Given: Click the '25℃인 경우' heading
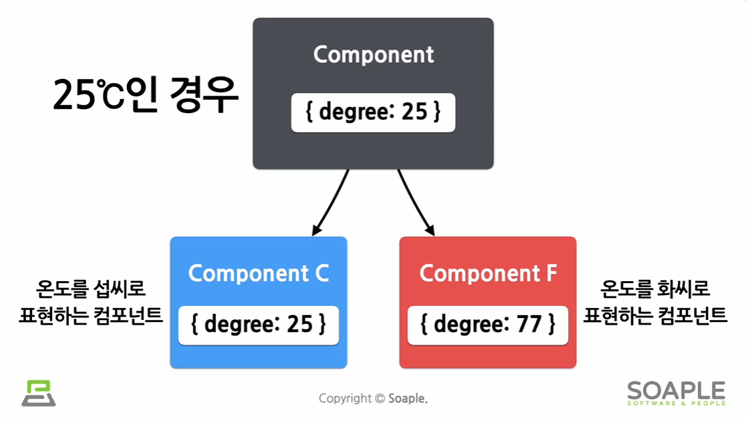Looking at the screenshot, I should pos(146,95).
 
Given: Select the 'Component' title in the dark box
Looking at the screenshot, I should pos(374,54).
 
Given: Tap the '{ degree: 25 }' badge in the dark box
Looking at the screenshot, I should pos(373,112).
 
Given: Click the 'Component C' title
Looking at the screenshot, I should pos(258,273).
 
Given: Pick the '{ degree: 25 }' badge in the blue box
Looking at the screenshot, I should pos(258,325).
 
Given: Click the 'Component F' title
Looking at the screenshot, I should pos(487,273).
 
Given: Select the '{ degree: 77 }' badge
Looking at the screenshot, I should pos(487,325).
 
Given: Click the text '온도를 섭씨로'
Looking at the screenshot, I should pos(91,290).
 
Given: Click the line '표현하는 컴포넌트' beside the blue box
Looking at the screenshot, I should pos(91,315).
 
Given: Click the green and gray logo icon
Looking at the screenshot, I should pos(38,393).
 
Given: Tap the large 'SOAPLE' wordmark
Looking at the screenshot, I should pos(676,390).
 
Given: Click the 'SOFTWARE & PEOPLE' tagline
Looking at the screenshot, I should pos(676,403).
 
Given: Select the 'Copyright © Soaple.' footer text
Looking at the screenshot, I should pos(373,398).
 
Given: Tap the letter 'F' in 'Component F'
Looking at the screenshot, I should pos(551,273).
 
